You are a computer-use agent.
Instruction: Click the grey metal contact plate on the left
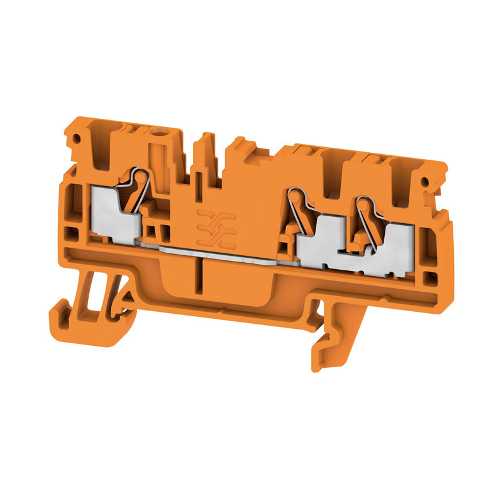113,214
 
